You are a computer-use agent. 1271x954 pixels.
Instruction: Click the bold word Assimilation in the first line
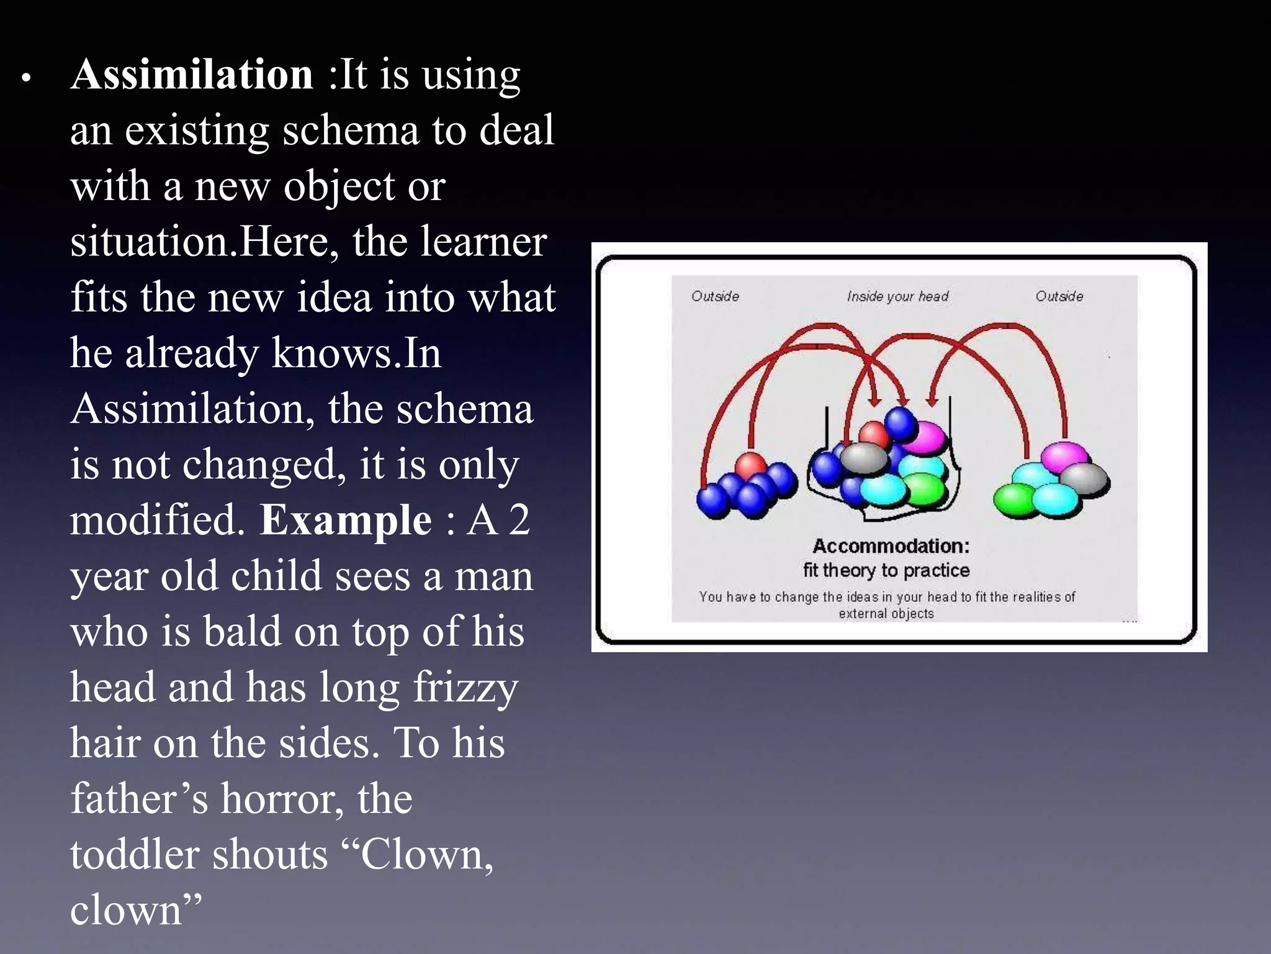click(192, 75)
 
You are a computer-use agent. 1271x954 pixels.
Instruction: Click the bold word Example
click(345, 520)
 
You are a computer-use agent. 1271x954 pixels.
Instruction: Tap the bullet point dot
click(26, 79)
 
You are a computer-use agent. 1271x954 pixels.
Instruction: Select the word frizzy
click(465, 688)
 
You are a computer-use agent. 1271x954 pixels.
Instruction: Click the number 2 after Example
click(518, 520)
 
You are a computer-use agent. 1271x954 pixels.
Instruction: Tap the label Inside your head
click(897, 297)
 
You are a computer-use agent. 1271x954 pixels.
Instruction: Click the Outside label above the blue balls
click(715, 297)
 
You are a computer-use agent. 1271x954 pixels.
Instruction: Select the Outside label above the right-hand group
click(1059, 297)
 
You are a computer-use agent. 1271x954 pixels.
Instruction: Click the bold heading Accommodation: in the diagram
click(891, 547)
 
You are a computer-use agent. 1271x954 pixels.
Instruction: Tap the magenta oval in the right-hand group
click(1064, 457)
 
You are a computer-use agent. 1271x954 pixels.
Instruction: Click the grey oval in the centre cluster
click(864, 458)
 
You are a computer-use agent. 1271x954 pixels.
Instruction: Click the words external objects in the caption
click(886, 614)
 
